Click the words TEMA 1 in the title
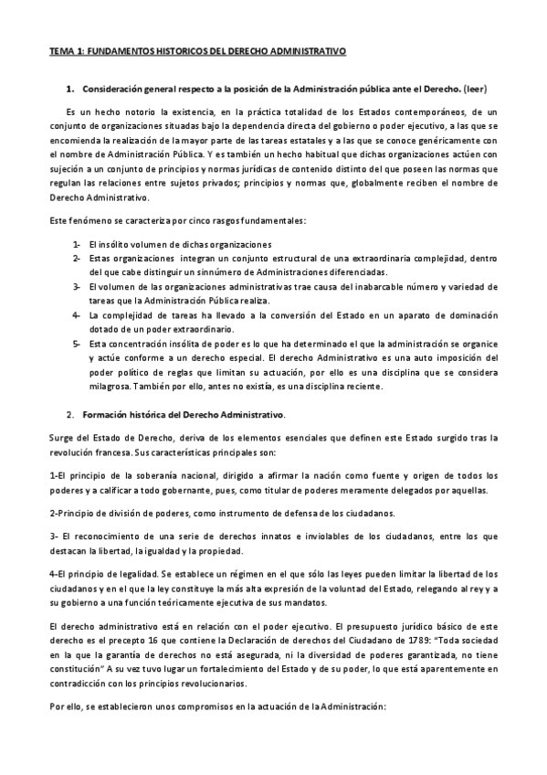(x=67, y=53)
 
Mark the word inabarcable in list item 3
(x=340, y=287)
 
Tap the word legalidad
(x=133, y=573)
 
